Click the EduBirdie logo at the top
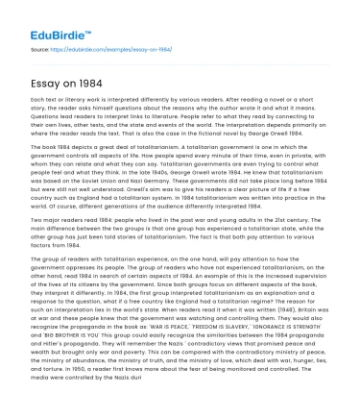coord(41,17)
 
